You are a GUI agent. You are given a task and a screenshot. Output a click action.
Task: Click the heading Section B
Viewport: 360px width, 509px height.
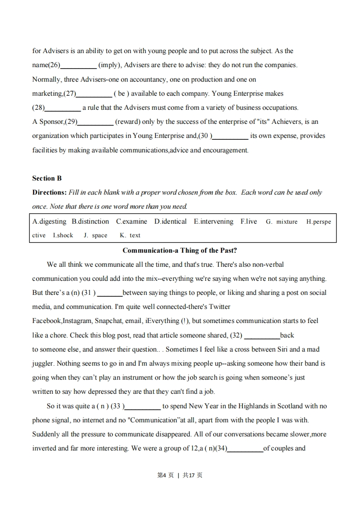click(47, 178)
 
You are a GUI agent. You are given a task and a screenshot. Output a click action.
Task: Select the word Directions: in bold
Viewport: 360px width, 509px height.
click(49, 192)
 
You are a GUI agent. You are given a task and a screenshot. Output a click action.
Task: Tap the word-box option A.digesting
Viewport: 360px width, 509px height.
click(49, 221)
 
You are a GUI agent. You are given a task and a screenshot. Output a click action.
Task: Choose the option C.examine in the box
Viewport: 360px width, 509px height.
click(132, 221)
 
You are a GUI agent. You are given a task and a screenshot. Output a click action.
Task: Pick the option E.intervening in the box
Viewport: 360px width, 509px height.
click(213, 221)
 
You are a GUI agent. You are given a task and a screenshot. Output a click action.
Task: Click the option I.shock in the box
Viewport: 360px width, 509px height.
click(63, 235)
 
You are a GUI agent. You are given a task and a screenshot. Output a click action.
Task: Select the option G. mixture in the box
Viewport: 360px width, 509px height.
click(282, 222)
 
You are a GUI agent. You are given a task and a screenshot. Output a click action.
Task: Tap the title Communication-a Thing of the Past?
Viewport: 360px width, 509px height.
click(180, 250)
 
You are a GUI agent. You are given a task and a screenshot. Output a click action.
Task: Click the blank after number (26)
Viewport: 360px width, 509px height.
click(79, 65)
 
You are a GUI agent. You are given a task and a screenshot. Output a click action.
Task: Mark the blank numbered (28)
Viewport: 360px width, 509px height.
click(63, 108)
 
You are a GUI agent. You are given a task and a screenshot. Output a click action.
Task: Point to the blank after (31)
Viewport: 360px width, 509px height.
click(110, 293)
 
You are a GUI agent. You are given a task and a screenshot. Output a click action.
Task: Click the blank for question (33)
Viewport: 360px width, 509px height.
click(143, 406)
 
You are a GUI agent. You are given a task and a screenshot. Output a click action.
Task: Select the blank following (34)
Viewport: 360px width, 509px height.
click(245, 449)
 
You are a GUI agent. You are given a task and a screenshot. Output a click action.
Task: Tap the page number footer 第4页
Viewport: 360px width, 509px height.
click(165, 475)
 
